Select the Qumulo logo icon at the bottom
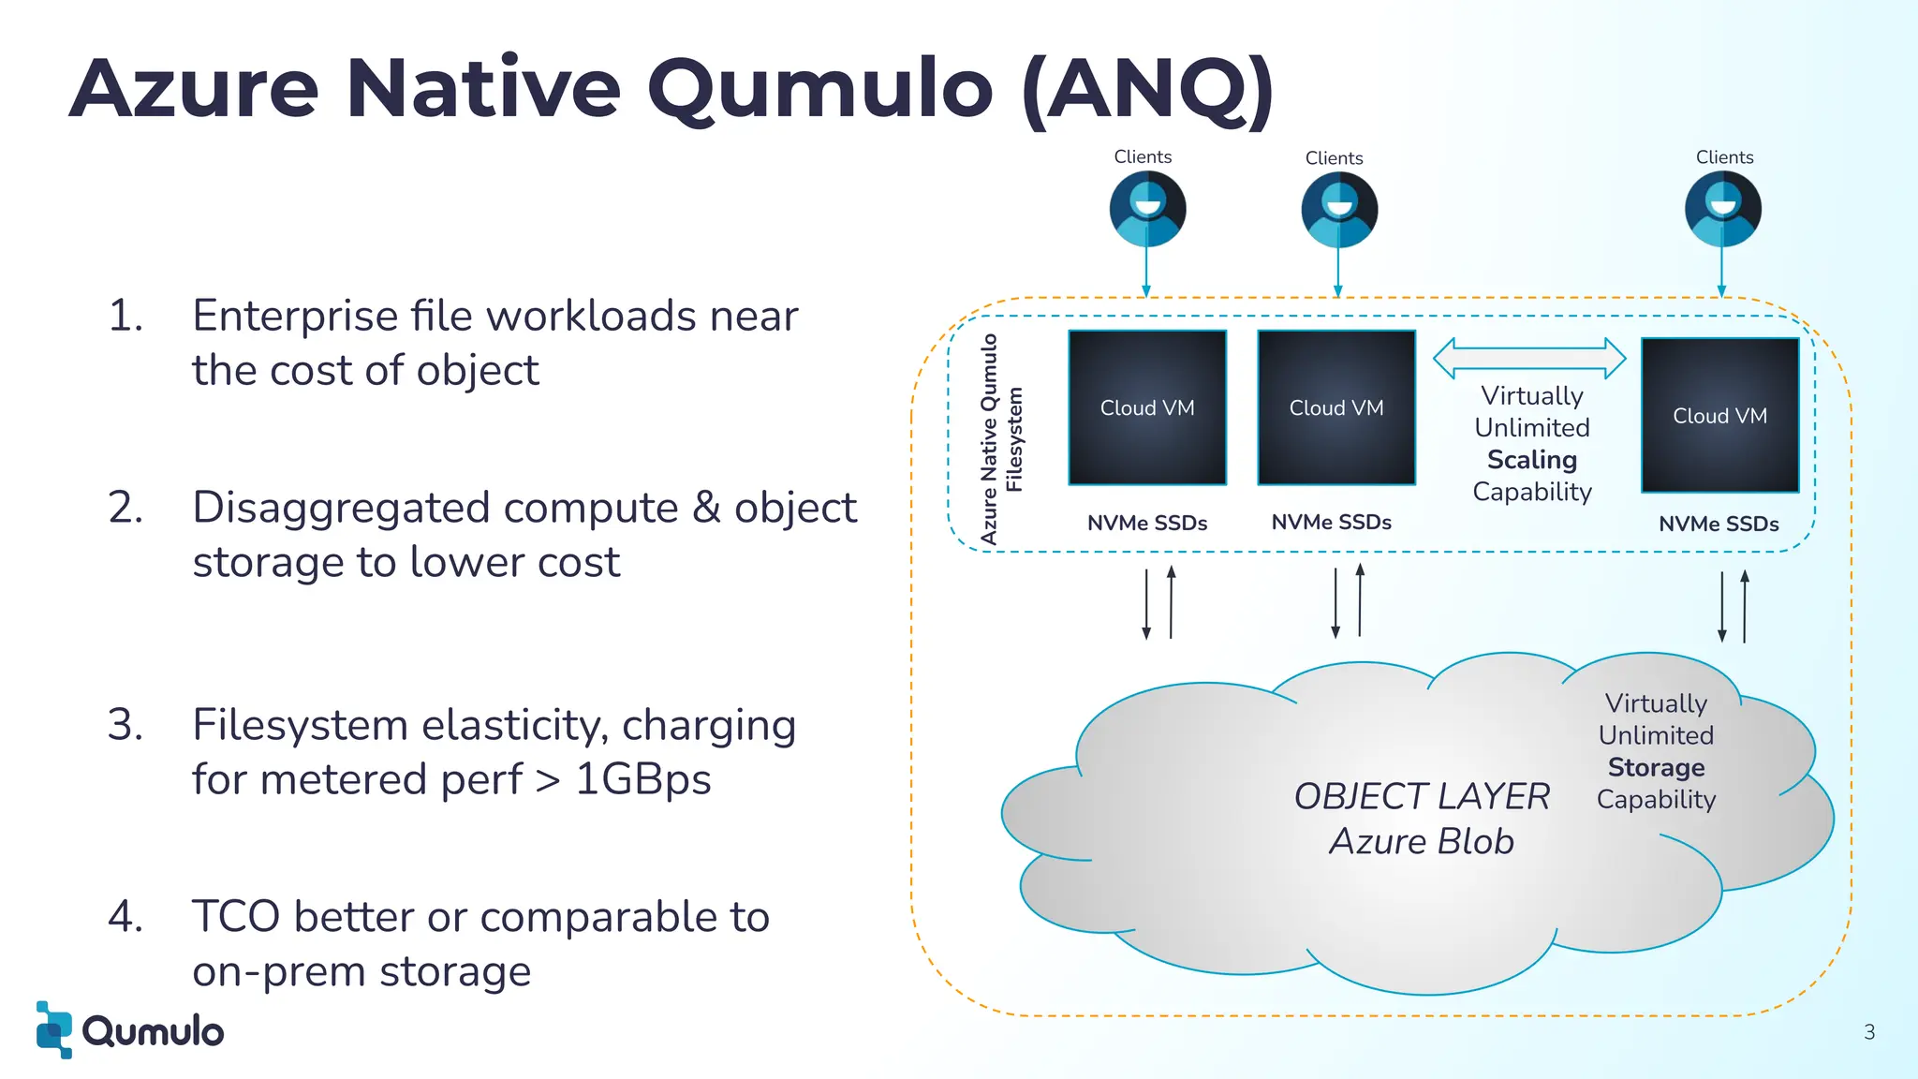(54, 1029)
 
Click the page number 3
(1869, 1032)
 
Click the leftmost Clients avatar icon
(1147, 209)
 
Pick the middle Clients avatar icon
(1339, 210)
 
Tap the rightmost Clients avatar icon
(1722, 209)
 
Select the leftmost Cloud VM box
(1147, 407)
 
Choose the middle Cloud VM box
(1336, 407)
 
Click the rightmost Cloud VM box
(1720, 415)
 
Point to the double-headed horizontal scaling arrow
(1529, 358)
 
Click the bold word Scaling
(1532, 460)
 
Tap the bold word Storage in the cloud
(1656, 767)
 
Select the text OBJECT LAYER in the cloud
(1422, 796)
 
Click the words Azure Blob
(1422, 841)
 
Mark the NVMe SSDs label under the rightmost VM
(1719, 524)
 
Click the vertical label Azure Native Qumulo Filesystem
(1001, 438)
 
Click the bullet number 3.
(125, 725)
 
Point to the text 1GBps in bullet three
(642, 779)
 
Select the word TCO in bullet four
(236, 916)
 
